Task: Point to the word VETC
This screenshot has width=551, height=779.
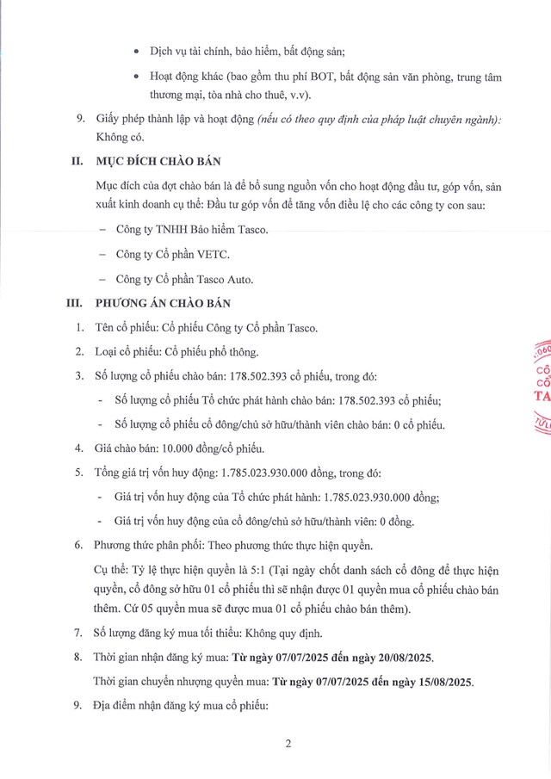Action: tap(216, 255)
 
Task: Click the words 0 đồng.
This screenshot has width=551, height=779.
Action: tap(394, 520)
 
